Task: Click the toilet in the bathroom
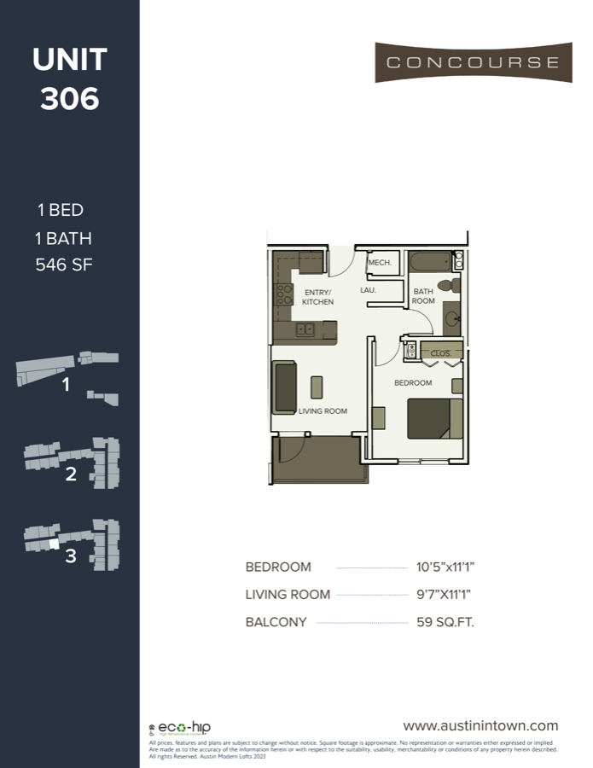tap(445, 285)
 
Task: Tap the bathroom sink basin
tap(453, 320)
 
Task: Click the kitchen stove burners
tap(284, 295)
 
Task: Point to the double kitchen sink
tap(305, 329)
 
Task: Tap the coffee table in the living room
tap(317, 387)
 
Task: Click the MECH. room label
tap(380, 263)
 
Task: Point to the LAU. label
tap(369, 290)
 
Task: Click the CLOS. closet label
tap(441, 352)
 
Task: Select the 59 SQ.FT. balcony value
tap(445, 622)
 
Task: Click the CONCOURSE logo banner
tap(473, 62)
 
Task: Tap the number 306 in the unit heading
tap(70, 99)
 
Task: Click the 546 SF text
tap(64, 265)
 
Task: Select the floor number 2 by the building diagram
tap(71, 474)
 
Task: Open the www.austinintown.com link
tap(480, 726)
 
